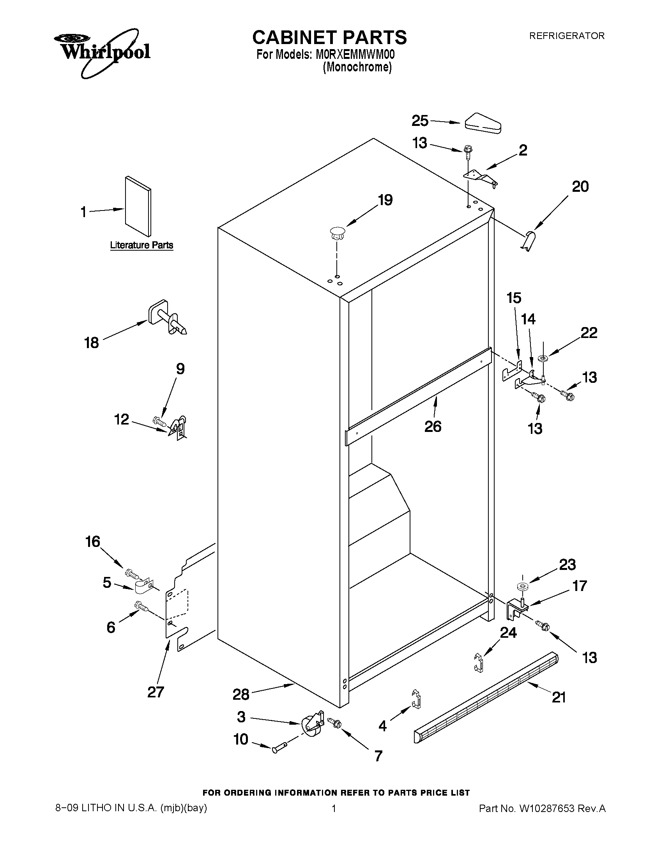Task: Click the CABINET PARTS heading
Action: click(x=329, y=37)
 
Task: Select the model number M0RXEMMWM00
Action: click(x=355, y=54)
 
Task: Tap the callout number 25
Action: click(x=419, y=120)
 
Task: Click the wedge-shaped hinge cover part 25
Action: click(x=482, y=124)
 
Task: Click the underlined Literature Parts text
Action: click(x=141, y=245)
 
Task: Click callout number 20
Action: click(x=580, y=186)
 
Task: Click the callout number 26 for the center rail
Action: click(x=433, y=426)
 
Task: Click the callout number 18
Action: click(x=92, y=343)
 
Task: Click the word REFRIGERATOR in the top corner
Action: click(x=566, y=36)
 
